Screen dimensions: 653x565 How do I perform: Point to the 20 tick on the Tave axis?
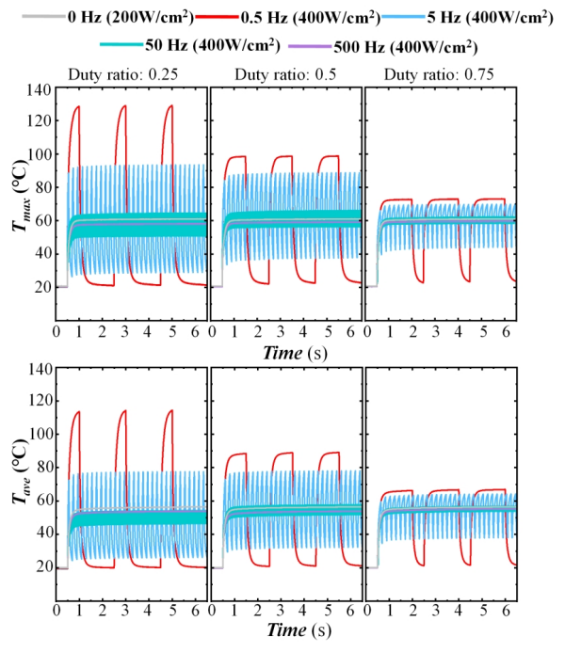coord(41,566)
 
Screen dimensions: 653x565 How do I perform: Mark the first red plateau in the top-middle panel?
coord(234,157)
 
